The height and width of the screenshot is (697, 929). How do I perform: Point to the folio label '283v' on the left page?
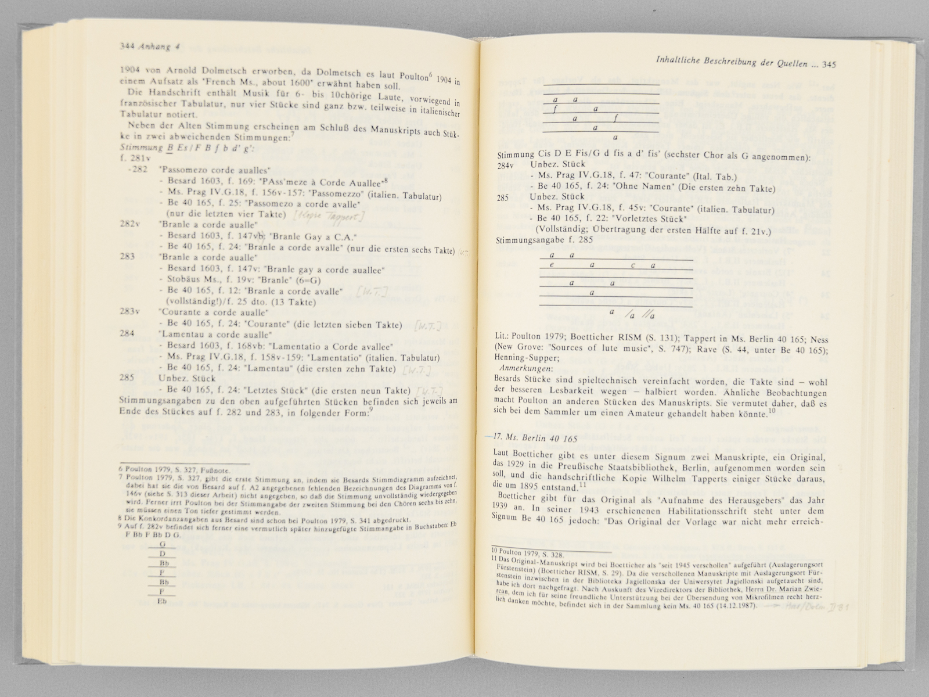coord(128,312)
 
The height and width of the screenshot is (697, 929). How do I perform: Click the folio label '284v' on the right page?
coord(506,166)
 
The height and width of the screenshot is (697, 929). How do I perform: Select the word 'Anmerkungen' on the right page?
coord(526,368)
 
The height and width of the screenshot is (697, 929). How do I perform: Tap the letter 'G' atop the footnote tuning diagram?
coord(163,544)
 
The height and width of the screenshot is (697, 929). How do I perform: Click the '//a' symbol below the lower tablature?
coord(650,316)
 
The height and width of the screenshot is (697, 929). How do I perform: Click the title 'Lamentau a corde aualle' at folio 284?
coord(214,335)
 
